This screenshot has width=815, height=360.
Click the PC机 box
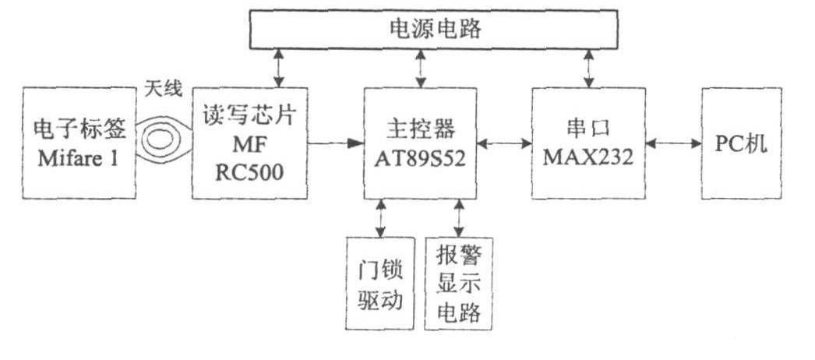tap(740, 143)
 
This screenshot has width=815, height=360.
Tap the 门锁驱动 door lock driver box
tap(378, 283)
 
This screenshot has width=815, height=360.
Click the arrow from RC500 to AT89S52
tap(336, 143)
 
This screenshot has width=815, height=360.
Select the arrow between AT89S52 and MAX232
tap(504, 143)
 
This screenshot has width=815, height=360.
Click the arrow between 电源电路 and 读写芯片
tap(279, 69)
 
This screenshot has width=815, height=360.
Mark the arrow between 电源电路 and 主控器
tap(421, 69)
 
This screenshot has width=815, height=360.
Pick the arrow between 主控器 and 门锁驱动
tap(380, 218)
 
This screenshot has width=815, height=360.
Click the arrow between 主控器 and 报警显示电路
tap(458, 218)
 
